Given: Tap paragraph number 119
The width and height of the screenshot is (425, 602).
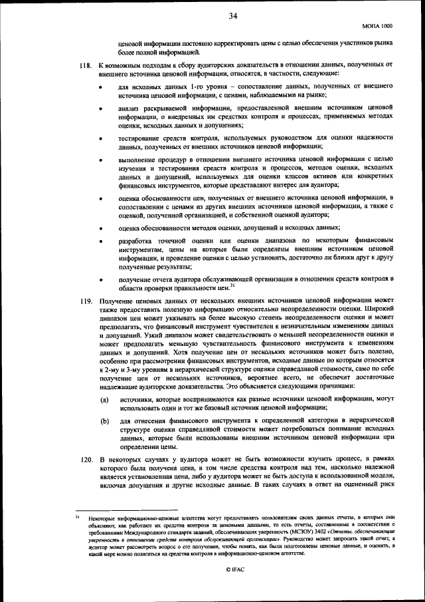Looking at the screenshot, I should [85, 301].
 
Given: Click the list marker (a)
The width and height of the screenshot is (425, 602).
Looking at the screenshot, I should [105, 400].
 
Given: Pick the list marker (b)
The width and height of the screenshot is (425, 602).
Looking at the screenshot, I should [105, 421].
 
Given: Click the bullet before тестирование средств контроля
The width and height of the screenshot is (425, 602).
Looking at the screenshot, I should [102, 139].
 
